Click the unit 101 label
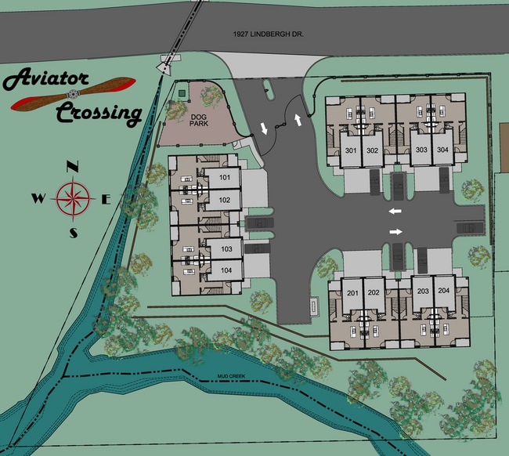[x=225, y=178]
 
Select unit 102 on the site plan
[x=225, y=201]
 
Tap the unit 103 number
[x=226, y=249]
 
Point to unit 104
[x=226, y=270]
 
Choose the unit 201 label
[x=352, y=293]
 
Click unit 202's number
[x=374, y=293]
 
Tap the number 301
[x=351, y=150]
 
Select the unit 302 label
[x=372, y=150]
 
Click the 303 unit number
[x=421, y=150]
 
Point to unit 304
[x=443, y=150]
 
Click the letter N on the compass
[x=73, y=167]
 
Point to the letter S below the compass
[x=74, y=233]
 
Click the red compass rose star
[x=73, y=199]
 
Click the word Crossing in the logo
[x=98, y=114]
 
